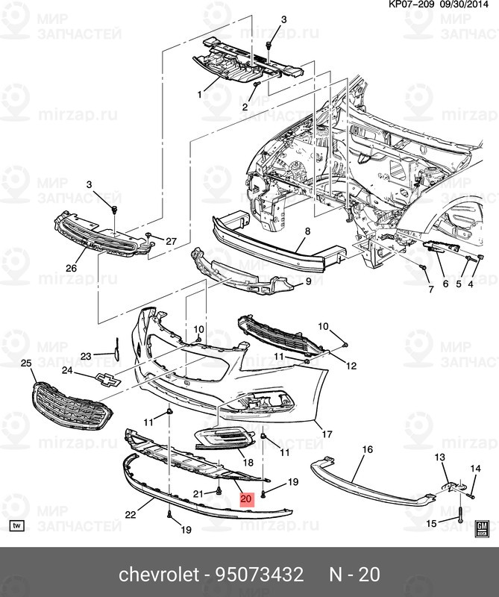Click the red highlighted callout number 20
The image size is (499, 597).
coord(247,498)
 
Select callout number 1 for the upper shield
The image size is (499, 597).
coord(200,95)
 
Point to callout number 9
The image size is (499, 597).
coord(308,282)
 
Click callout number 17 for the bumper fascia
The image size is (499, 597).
coord(326,434)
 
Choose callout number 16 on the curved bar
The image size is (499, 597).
coord(366,449)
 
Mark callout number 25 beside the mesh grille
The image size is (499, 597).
coord(26,363)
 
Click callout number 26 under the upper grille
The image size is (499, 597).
coord(72,269)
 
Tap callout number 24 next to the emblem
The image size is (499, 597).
coord(66,370)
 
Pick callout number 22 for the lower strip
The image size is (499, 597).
coord(130,514)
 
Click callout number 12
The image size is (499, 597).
coord(351,366)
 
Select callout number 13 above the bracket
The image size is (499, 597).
coord(439,457)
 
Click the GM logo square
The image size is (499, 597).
coord(481,528)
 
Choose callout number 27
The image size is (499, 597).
coord(171,240)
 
